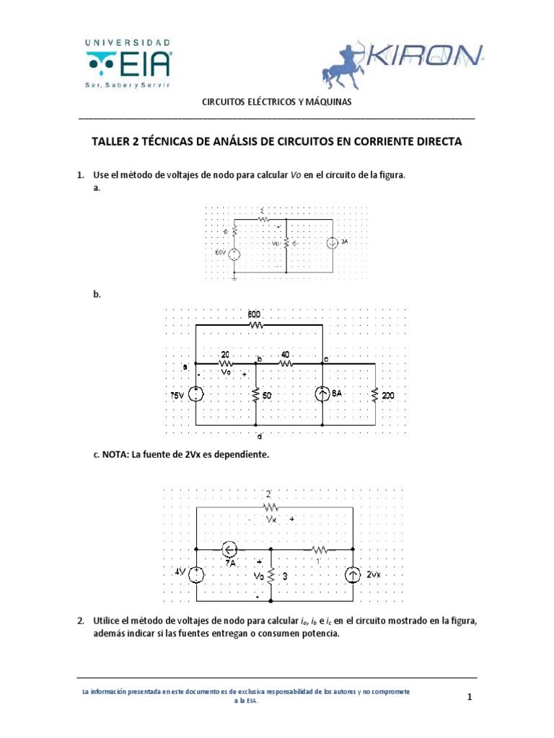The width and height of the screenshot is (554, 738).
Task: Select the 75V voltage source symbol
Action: click(197, 395)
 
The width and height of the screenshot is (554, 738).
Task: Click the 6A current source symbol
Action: click(322, 395)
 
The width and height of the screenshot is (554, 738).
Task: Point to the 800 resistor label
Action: click(255, 314)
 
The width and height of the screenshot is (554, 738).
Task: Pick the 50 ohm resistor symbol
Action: click(255, 395)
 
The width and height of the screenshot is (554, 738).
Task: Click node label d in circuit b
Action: click(259, 435)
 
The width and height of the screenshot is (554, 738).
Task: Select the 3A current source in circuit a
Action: click(331, 243)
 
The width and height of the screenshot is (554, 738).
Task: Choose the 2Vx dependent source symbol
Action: click(353, 575)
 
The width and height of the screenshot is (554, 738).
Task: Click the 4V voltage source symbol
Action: click(197, 574)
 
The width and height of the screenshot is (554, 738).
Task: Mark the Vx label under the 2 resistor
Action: click(271, 518)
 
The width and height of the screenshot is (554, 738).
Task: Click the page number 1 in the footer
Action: click(468, 697)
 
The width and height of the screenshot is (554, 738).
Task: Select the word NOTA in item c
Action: click(115, 455)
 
